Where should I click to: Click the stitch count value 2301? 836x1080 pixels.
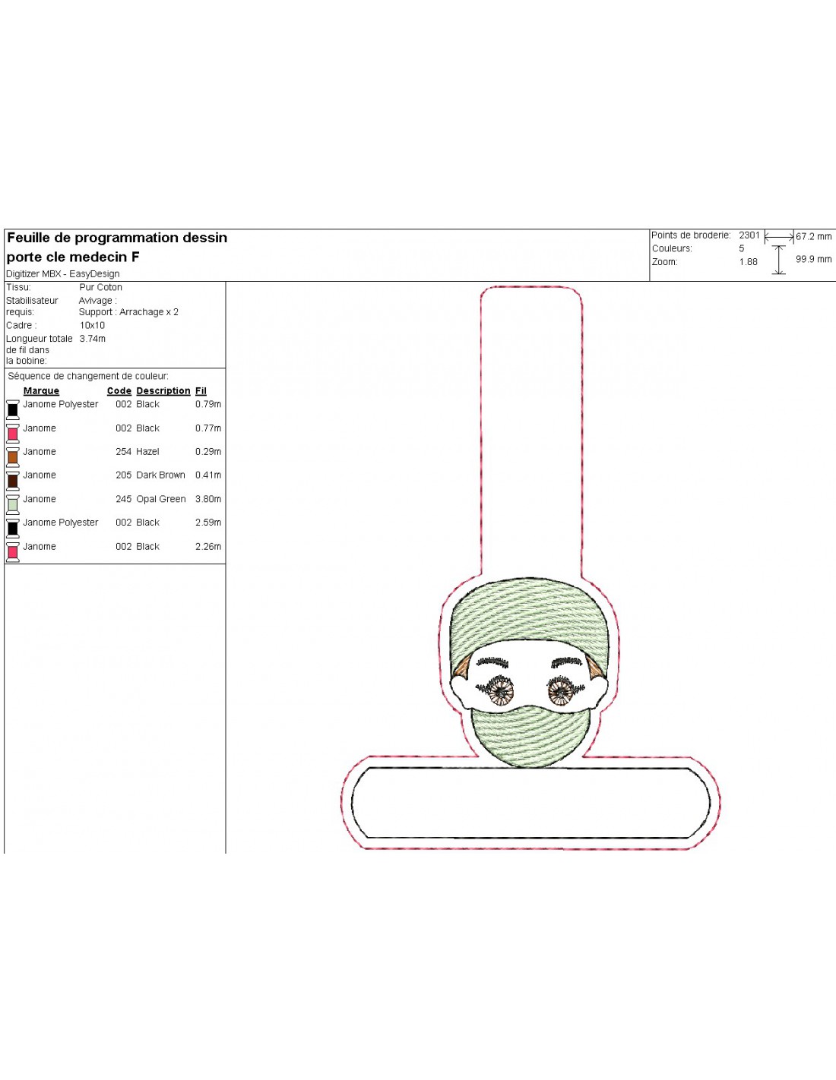tap(749, 235)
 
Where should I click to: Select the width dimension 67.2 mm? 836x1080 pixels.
tap(814, 236)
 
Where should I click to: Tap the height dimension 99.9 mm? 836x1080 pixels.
tap(814, 259)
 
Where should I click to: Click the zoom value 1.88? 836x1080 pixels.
tap(748, 262)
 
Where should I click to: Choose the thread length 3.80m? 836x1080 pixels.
tap(208, 499)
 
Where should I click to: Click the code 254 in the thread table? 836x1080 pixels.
tap(123, 452)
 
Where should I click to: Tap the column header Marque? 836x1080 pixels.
tap(41, 391)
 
